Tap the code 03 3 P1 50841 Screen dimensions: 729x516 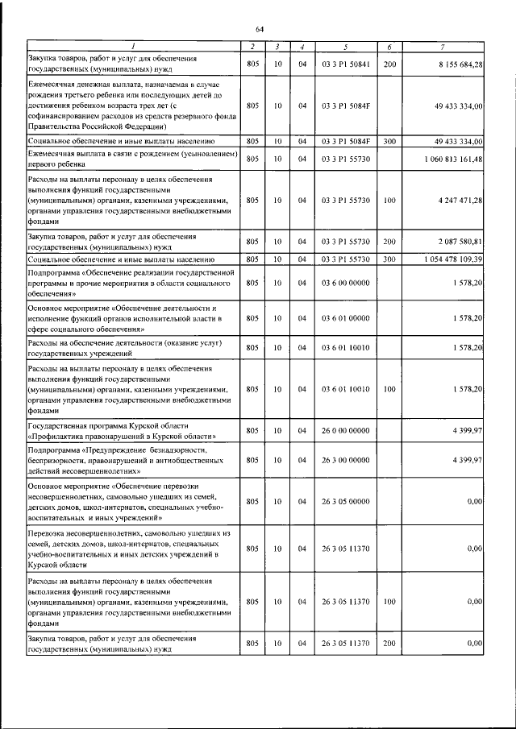coord(344,64)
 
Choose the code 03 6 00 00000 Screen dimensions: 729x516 coord(344,283)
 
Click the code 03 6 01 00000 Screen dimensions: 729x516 coord(344,319)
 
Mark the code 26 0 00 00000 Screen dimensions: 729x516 coord(344,431)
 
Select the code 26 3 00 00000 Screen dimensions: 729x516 coord(344,460)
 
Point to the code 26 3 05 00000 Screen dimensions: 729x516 coord(344,502)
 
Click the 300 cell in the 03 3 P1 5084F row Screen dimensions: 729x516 coord(389,142)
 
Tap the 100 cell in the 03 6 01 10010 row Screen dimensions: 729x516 coord(389,389)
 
